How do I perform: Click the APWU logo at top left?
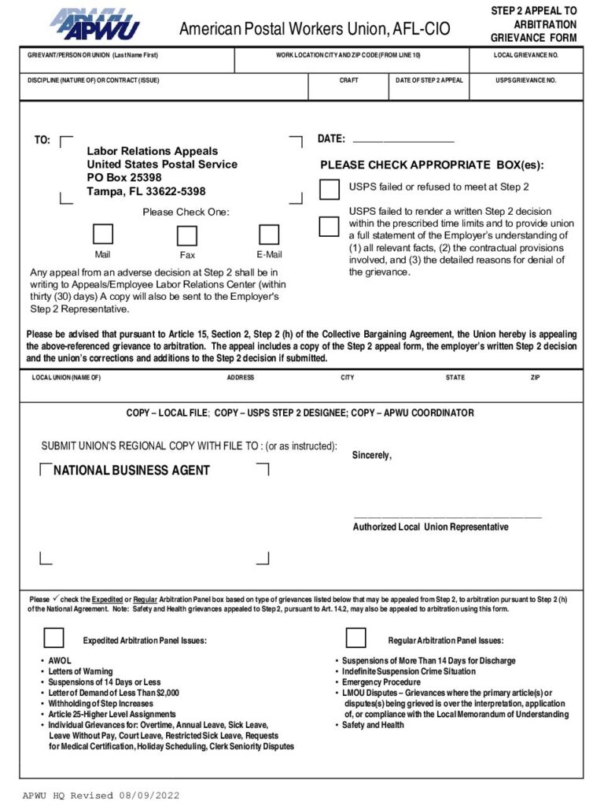(94, 24)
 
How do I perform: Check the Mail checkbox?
(103, 235)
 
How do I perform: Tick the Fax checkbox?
(186, 236)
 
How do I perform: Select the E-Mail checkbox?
(269, 235)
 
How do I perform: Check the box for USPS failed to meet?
(330, 190)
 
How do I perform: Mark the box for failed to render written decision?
(329, 227)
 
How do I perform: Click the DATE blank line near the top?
(403, 139)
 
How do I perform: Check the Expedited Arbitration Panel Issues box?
(53, 638)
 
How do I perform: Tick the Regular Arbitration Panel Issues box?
(355, 638)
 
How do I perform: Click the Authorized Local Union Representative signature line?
(447, 516)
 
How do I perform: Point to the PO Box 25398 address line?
(124, 178)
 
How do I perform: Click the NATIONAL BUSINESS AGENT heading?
(131, 471)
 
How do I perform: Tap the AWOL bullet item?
(60, 660)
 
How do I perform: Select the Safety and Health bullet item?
(373, 725)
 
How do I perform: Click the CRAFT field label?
(348, 80)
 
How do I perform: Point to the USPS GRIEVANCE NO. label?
(525, 80)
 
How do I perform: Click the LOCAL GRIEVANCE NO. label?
(525, 55)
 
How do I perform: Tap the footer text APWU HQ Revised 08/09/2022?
(101, 795)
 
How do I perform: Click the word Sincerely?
(371, 456)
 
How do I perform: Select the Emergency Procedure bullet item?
(381, 682)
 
